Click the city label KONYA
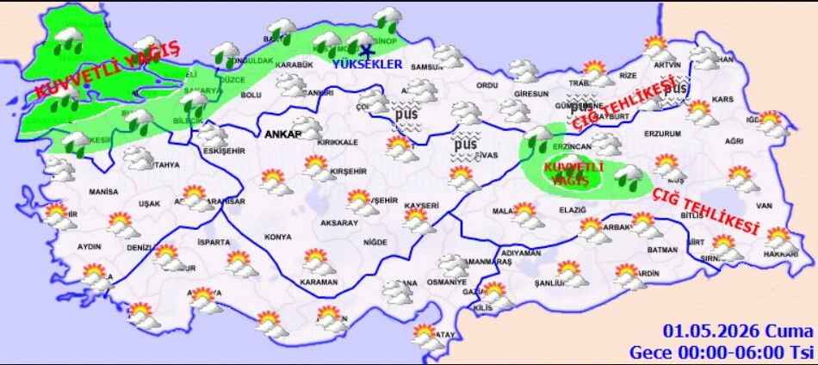click(278, 237)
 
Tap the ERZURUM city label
click(662, 133)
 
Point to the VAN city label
click(764, 207)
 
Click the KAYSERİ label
click(422, 206)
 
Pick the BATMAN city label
click(663, 250)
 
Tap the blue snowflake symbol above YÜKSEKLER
click(369, 49)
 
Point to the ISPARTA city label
click(214, 241)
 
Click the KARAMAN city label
click(319, 281)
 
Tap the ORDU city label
click(487, 85)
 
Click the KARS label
click(723, 99)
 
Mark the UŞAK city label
click(137, 203)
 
